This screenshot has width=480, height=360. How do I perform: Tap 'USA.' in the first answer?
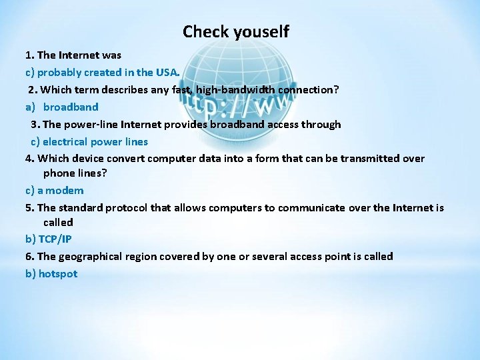167,72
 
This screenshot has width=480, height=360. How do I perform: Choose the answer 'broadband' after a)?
71,107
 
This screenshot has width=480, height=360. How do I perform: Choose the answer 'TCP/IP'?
55,239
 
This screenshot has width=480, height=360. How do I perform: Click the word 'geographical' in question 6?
89,256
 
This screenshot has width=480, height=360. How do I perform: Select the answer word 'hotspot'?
58,273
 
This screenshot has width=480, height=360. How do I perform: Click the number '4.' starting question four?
30,158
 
